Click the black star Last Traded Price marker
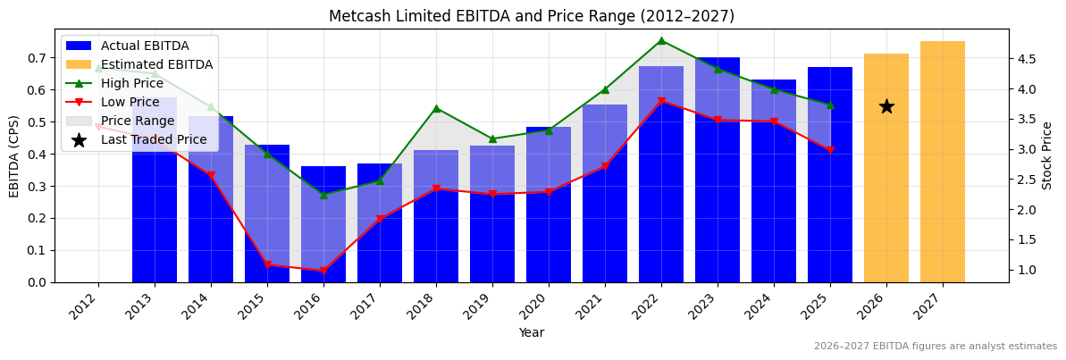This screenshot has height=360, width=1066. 886,106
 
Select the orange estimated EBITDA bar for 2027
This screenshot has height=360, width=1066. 943,162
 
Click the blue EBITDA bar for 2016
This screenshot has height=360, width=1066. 323,224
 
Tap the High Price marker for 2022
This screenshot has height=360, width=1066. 661,40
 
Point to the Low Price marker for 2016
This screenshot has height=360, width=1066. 323,271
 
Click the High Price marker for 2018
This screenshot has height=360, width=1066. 436,108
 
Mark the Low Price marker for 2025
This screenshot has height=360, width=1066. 830,150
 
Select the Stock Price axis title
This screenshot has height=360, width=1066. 1047,155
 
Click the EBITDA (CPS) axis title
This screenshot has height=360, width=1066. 14,155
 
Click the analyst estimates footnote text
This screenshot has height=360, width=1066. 935,347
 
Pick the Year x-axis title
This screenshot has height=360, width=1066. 532,332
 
